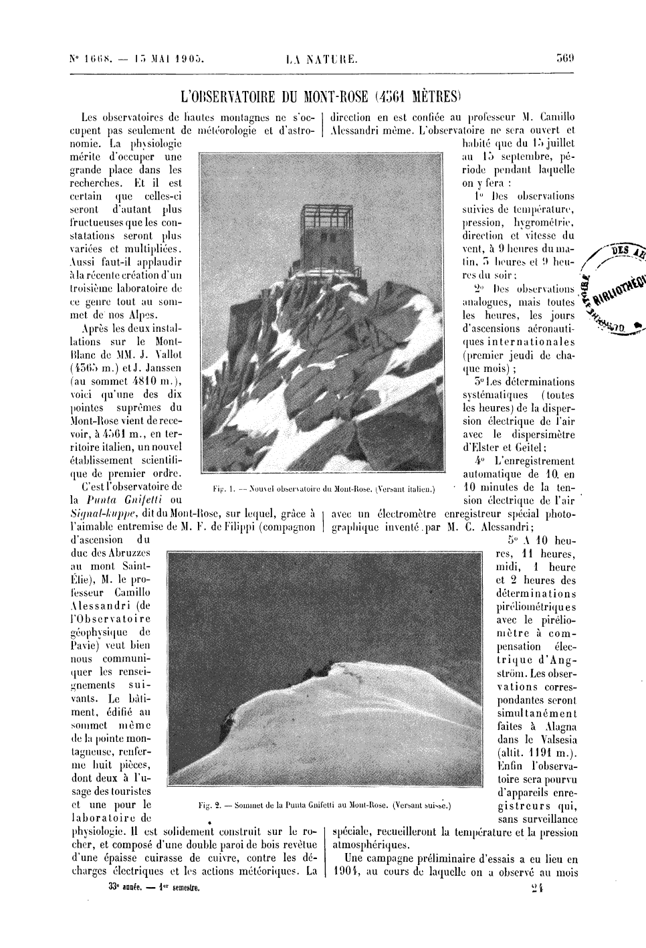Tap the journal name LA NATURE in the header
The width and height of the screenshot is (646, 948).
[321, 59]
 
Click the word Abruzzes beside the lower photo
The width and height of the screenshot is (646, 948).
[128, 553]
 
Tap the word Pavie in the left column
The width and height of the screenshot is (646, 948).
[85, 646]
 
